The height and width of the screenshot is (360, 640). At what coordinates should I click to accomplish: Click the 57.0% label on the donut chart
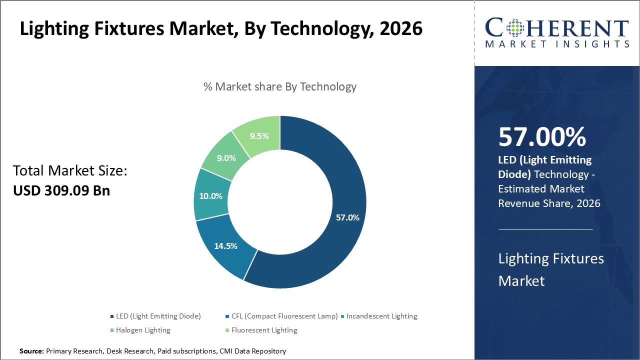click(347, 217)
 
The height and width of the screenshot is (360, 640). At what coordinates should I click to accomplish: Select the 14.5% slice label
click(225, 246)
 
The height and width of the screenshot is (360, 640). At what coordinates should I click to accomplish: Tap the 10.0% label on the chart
click(210, 196)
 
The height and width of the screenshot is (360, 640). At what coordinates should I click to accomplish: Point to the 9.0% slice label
click(225, 158)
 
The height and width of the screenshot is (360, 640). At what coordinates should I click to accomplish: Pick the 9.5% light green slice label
click(259, 136)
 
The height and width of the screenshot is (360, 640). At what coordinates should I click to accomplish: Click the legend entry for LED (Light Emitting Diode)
click(158, 316)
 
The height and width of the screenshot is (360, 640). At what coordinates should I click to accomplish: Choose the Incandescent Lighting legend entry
click(381, 316)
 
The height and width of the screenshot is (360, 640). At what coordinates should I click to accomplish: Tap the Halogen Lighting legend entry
click(143, 330)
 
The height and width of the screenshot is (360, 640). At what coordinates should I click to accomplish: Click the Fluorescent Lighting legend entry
click(264, 330)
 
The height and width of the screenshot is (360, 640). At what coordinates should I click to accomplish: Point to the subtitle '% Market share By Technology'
click(280, 86)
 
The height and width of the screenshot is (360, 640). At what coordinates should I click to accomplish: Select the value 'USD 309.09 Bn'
click(61, 190)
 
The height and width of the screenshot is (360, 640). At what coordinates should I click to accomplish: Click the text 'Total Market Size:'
click(70, 171)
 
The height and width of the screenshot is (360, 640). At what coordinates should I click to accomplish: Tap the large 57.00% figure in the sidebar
click(542, 137)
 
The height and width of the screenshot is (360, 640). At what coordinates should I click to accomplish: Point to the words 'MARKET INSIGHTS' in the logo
click(556, 44)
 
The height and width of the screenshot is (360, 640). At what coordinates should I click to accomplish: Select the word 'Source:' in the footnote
click(31, 351)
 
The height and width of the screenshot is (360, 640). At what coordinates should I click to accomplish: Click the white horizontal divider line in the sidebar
click(545, 229)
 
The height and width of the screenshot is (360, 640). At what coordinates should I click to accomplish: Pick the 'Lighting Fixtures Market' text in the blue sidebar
click(551, 269)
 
